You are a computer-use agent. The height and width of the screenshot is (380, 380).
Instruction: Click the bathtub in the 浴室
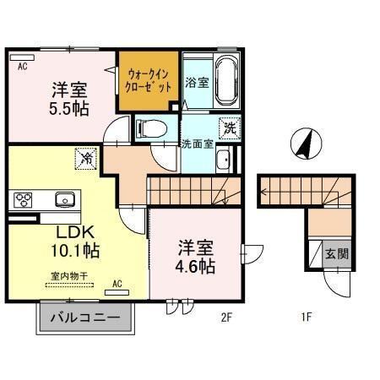click(x=225, y=82)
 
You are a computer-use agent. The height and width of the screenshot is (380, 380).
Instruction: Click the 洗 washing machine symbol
click(x=230, y=128)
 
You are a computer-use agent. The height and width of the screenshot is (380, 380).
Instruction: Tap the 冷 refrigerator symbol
click(x=85, y=157)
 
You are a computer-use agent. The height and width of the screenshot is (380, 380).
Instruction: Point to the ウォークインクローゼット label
click(x=149, y=80)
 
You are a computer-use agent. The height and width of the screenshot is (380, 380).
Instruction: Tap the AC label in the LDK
click(x=117, y=284)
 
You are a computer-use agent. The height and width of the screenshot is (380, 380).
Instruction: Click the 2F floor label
click(x=226, y=318)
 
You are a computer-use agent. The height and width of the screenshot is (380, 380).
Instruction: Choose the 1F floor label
click(x=307, y=318)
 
